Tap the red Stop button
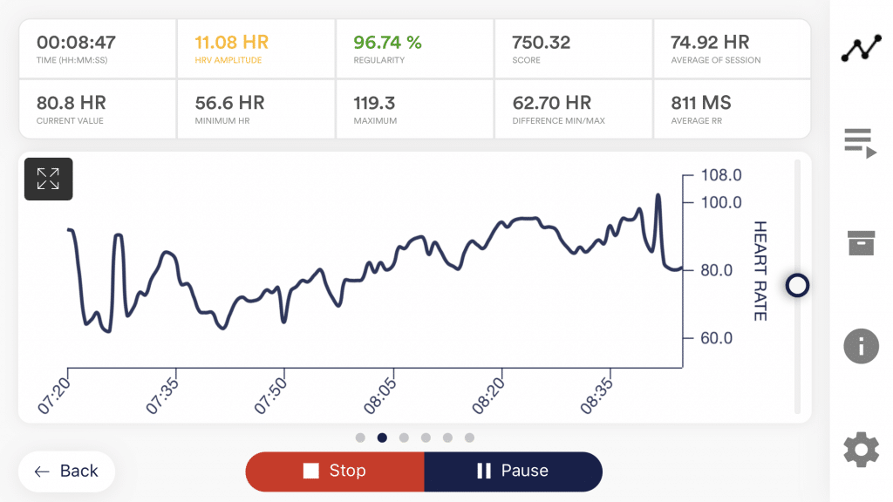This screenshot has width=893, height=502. (335, 471)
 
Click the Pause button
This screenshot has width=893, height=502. (513, 471)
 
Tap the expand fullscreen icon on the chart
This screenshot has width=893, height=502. (48, 180)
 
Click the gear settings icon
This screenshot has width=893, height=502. (861, 451)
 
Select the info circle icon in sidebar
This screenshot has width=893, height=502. (861, 346)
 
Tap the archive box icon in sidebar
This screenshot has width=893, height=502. (861, 242)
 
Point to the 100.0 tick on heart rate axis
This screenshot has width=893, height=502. (721, 202)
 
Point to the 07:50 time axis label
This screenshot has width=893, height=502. (272, 396)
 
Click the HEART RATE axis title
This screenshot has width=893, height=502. (760, 270)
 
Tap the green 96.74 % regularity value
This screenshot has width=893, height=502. (387, 42)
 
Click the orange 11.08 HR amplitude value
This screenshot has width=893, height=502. (231, 42)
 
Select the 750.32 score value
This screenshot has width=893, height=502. (542, 42)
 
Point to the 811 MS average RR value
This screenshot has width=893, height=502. (701, 103)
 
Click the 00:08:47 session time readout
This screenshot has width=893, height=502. (76, 42)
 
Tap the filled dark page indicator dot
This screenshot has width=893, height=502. (382, 438)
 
